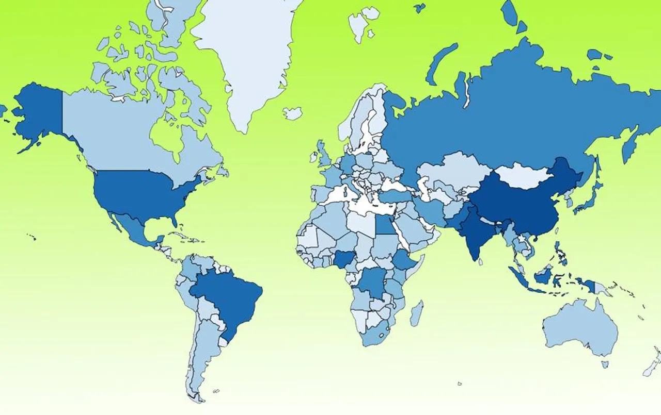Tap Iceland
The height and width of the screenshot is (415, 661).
click(292, 113)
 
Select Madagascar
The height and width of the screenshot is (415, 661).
click(417, 313)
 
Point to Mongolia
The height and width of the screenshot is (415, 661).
click(522, 175)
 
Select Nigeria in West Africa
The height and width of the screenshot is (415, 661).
click(341, 259)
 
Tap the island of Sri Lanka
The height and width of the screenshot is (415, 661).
click(480, 262)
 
